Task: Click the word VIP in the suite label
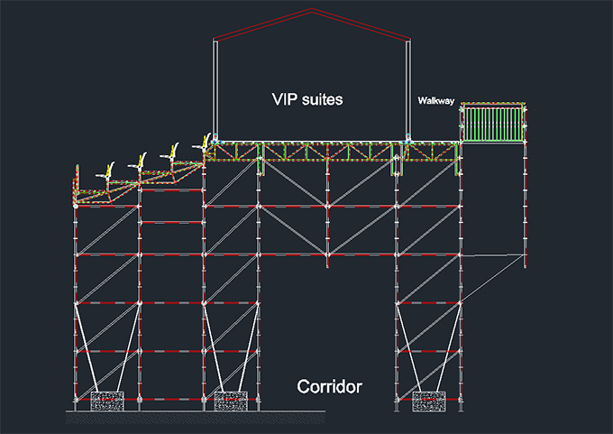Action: click(287, 98)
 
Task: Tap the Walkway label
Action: click(435, 100)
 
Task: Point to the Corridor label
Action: click(330, 388)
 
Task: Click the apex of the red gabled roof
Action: click(312, 10)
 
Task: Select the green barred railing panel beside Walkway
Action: click(492, 123)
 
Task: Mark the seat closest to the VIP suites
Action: click(206, 143)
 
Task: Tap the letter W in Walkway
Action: click(422, 100)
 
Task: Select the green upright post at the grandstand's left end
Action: click(74, 190)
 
